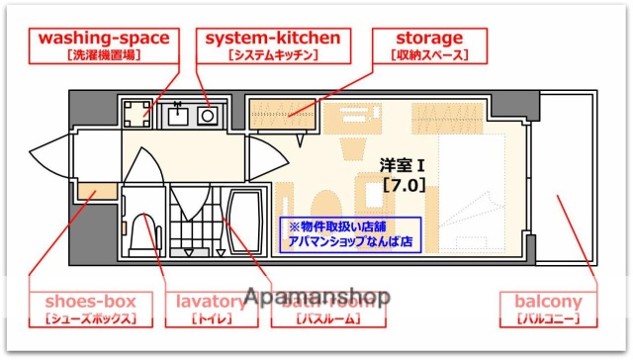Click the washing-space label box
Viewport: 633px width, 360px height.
104,45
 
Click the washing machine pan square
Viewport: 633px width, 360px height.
136,112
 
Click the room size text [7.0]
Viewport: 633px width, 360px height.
403,184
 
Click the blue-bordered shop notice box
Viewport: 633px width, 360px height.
351,232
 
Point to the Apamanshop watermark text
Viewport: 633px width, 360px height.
316,296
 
